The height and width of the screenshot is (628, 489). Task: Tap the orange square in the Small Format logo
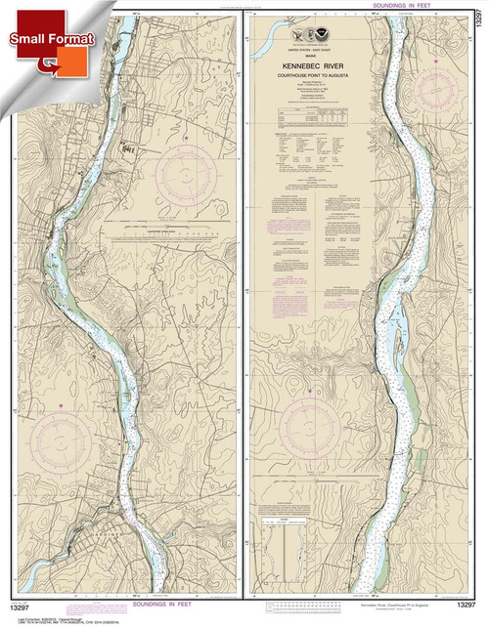[44, 64]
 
